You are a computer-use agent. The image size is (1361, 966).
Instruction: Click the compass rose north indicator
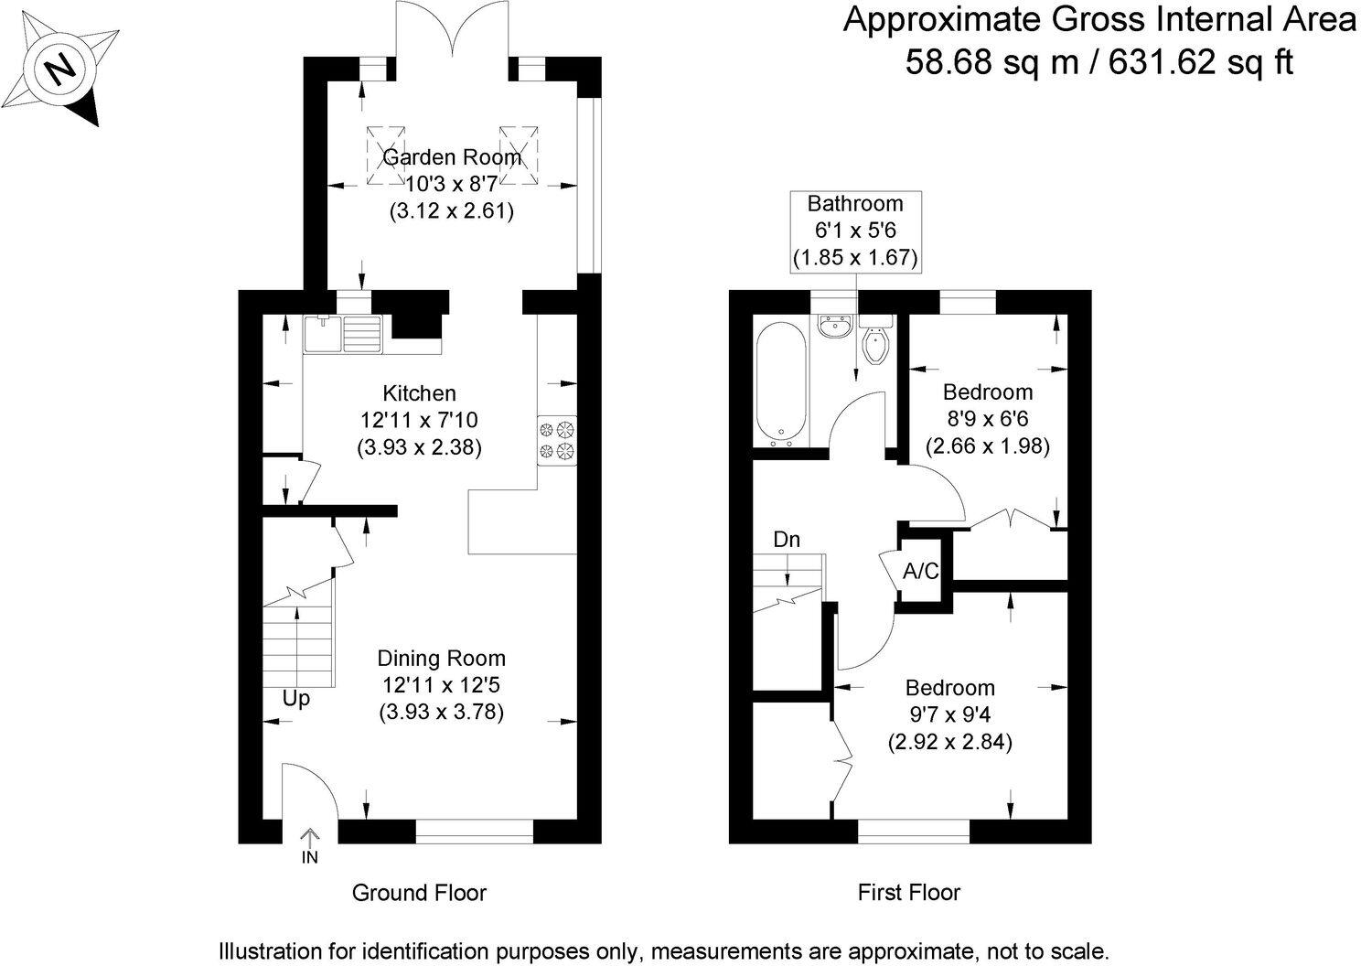pos(63,69)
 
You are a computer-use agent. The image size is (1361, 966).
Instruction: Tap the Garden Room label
pos(451,157)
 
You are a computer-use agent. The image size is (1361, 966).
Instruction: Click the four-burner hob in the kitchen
pos(557,439)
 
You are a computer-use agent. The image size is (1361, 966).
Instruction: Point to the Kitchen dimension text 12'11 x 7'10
pos(419,421)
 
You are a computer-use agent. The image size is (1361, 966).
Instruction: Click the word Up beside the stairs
pos(295,699)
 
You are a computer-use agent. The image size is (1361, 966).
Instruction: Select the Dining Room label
pos(441,658)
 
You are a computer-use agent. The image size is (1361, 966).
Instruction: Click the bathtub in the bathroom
pos(780,385)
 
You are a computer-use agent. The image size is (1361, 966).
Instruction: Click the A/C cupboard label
pos(920,572)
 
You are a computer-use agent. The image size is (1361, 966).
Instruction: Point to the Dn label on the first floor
pos(787,540)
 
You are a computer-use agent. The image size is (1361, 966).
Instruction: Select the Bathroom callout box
pos(855,231)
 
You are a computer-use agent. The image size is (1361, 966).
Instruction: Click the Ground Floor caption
pos(419,892)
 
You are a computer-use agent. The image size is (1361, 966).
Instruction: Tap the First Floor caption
pos(908,892)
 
